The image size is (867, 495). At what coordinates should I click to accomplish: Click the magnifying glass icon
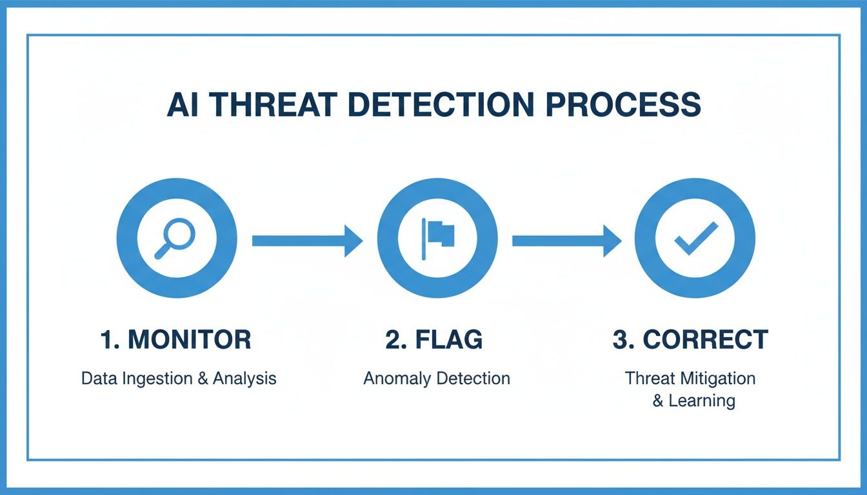tap(174, 238)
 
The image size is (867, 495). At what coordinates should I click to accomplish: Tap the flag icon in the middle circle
tap(438, 238)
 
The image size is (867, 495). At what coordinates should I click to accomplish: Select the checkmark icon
tap(695, 238)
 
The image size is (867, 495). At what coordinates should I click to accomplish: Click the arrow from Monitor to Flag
tap(306, 240)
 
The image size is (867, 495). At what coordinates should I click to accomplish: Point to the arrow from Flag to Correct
tap(566, 240)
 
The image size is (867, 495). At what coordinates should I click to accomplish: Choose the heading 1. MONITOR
tap(175, 340)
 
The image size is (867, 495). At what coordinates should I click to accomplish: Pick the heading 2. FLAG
tap(433, 340)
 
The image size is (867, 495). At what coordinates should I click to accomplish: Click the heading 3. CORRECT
tap(690, 340)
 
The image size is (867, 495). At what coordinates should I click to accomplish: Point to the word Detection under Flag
tap(474, 378)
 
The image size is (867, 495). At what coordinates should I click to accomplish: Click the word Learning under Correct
tap(701, 400)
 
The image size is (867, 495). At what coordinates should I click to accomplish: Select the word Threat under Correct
tap(648, 378)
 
